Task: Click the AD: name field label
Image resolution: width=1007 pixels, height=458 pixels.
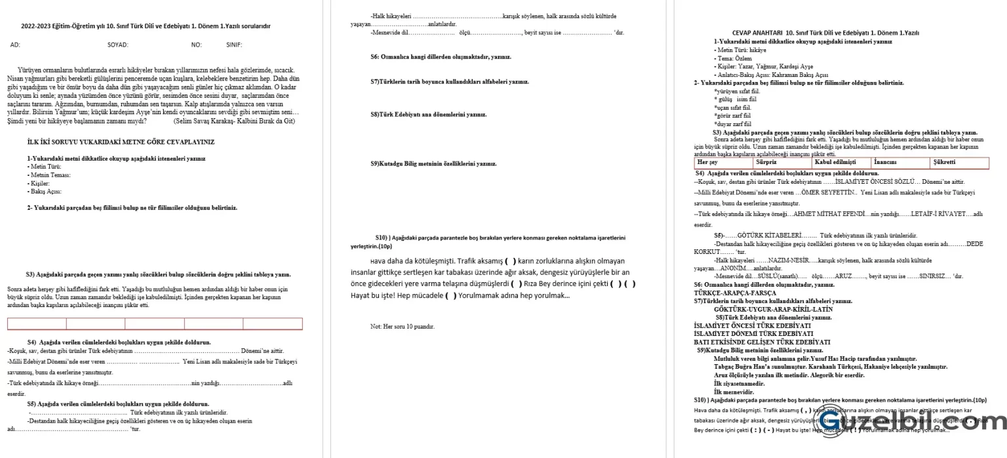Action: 15,45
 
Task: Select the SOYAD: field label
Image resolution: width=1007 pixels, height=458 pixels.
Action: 118,45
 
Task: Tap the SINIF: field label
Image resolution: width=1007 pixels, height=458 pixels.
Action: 234,45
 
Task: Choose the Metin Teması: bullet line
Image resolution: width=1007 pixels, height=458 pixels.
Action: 50,175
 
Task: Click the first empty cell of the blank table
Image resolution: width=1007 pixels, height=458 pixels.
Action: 37,323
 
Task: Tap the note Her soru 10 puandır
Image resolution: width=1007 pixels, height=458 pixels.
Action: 402,326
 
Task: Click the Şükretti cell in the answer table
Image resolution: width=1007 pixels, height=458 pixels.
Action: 944,162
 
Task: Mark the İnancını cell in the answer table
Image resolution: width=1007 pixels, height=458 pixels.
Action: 885,162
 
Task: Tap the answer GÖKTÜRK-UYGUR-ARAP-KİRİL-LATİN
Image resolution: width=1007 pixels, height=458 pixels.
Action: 765,308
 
